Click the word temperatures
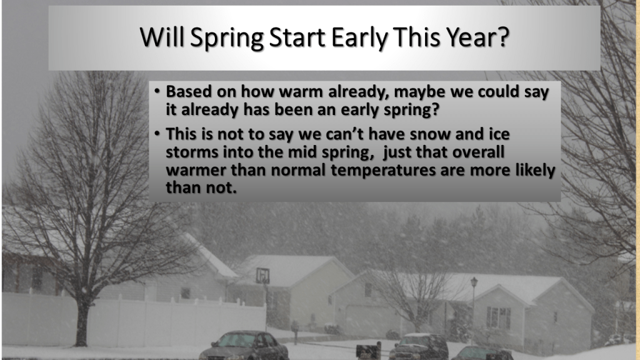click(x=383, y=170)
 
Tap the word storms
click(x=192, y=152)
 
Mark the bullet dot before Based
click(x=157, y=91)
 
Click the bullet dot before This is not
click(x=157, y=134)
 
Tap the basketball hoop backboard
click(x=263, y=276)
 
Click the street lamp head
click(x=474, y=282)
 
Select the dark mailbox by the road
click(x=368, y=350)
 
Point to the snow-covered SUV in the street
click(x=419, y=346)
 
